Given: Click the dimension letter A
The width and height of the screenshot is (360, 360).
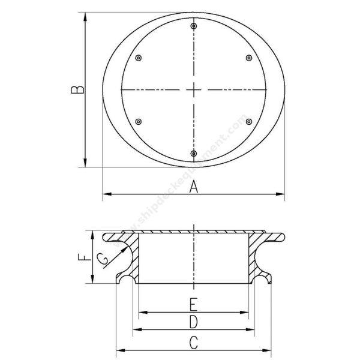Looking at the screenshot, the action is point(194,187).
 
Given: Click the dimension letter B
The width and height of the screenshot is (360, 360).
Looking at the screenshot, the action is point(77,90).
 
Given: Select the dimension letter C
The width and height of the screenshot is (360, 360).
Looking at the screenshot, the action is point(194,343).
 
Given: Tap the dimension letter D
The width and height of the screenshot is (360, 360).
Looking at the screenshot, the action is point(194,322).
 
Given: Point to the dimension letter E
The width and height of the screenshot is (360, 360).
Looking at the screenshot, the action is point(194,304).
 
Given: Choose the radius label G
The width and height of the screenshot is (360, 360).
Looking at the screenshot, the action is point(102,259).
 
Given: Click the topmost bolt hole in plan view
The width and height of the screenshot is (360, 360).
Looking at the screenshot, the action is point(194,26).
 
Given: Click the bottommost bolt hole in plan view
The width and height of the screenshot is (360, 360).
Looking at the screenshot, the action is point(194,154).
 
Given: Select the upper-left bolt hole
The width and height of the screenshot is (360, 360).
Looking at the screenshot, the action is point(138,58).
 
